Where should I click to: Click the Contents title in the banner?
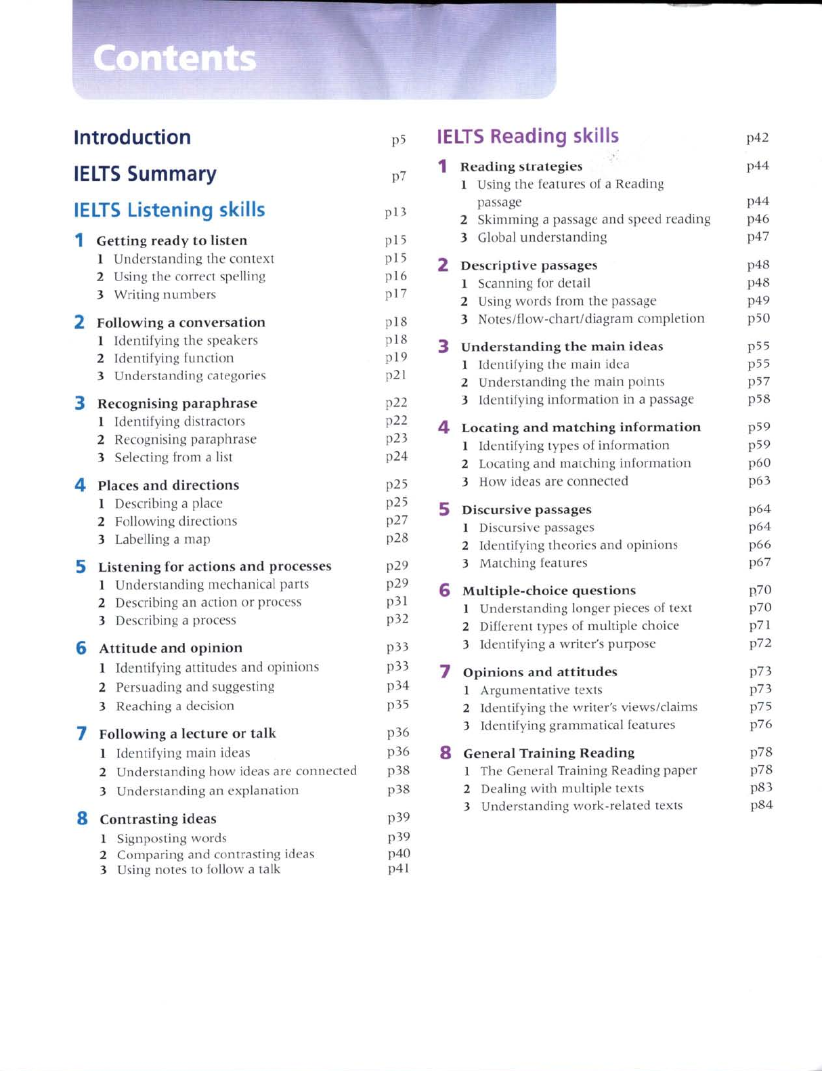175,59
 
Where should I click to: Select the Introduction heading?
132,138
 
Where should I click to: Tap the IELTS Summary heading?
145,174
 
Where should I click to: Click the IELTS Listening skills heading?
169,210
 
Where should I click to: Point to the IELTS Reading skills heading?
527,136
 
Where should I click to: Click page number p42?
757,138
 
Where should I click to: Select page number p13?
395,212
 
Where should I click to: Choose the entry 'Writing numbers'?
165,295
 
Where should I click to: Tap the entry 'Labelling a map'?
163,539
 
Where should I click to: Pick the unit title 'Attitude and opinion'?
171,648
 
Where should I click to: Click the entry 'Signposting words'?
172,838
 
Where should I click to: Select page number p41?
399,868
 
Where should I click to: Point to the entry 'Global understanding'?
542,237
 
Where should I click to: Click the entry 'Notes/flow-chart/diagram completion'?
591,318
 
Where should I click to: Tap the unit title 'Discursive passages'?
527,509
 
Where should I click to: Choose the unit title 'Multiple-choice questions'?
549,591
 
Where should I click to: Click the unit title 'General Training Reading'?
549,753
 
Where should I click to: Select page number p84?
761,805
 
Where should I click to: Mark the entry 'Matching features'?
534,563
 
